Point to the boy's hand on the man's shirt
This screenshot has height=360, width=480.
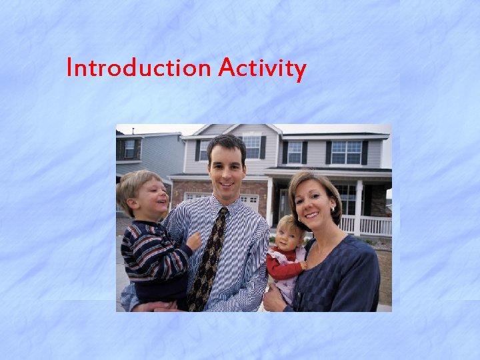[x=194, y=241]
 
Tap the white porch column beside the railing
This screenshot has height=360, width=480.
[x=358, y=207]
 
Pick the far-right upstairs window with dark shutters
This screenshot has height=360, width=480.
[x=346, y=153]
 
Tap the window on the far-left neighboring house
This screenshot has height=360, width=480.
[x=129, y=149]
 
